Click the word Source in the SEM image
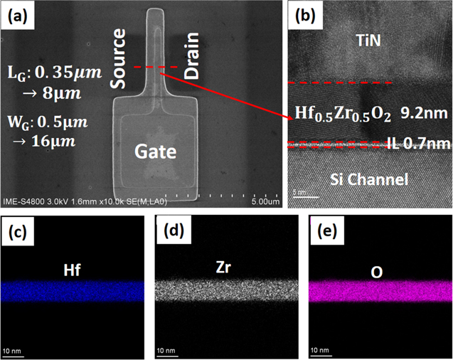pos(119,58)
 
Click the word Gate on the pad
pos(155,152)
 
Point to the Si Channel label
pos(368,179)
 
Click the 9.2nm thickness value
pos(426,114)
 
